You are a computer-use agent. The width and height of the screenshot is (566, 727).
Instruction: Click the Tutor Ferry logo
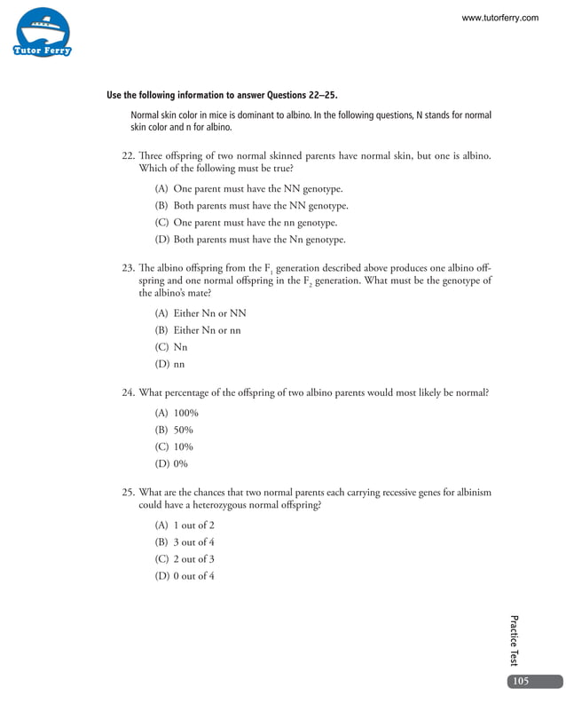coord(42,34)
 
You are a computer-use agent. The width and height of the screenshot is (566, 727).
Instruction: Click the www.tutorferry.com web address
coord(500,18)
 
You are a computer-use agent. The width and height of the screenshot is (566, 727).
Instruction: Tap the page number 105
coord(521,681)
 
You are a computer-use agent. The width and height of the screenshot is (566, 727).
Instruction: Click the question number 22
coord(127,156)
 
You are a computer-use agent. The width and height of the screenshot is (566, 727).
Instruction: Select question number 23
coord(127,267)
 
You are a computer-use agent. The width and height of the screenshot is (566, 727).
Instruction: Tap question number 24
coord(127,391)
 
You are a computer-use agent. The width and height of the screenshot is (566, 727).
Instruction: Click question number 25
coord(127,492)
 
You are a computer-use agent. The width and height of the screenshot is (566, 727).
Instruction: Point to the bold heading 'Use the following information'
coord(222,96)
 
